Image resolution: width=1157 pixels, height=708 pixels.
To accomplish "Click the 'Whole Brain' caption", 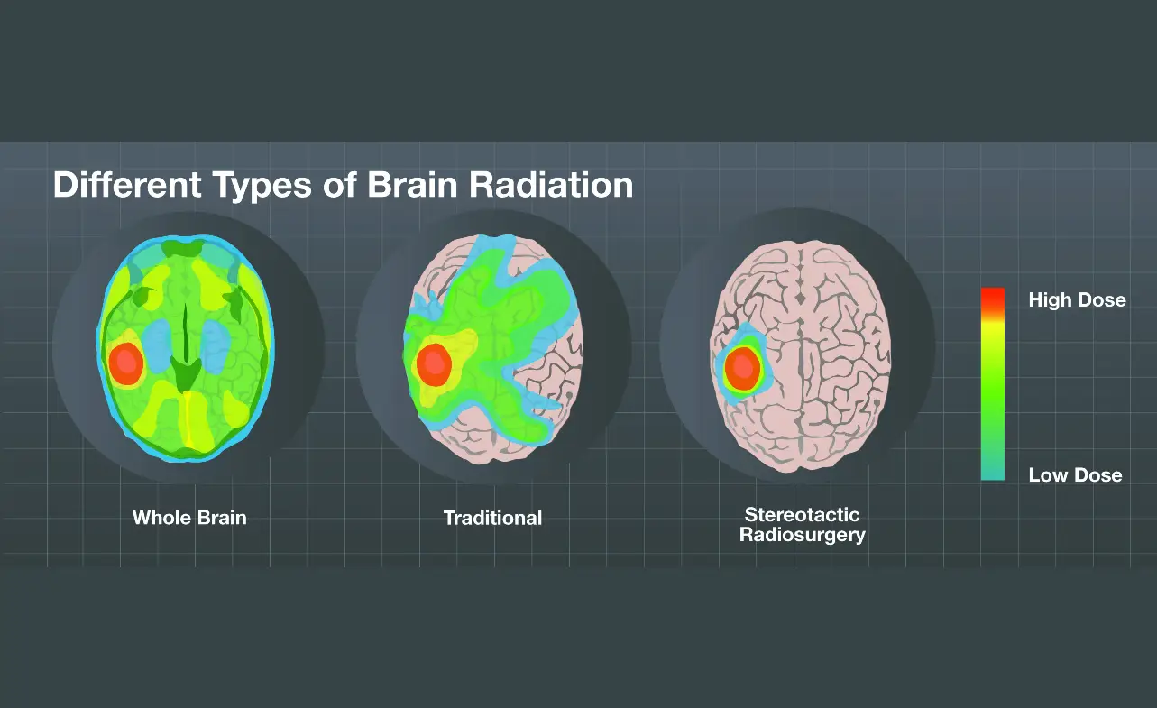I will (189, 518).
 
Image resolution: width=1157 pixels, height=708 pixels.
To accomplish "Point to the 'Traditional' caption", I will (492, 518).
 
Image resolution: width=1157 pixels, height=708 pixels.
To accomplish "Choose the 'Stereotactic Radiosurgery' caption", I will (802, 525).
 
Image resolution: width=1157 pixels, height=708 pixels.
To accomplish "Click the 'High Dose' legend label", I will (1077, 300).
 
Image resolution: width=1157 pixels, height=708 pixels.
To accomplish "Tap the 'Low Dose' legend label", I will (1075, 475).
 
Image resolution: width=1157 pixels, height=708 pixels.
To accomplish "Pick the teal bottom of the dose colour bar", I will (992, 470).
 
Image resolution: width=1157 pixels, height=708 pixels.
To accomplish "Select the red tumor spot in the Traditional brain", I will (435, 363).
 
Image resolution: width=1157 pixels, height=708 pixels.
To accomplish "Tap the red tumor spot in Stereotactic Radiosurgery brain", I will (742, 367).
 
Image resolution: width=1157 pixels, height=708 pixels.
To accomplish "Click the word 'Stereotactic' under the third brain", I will (802, 515).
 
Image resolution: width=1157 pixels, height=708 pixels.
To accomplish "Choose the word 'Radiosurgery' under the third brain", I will (802, 535).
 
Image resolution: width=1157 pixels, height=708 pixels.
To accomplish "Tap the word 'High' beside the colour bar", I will (1050, 300).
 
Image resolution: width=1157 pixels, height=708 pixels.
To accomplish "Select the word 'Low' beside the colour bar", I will (1048, 475).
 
